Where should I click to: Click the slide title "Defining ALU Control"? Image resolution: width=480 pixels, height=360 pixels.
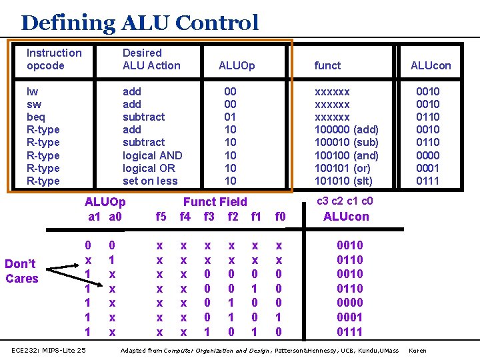click(139, 23)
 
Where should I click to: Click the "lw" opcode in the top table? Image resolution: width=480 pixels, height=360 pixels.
click(32, 91)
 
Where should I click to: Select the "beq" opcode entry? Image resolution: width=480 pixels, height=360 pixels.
click(36, 117)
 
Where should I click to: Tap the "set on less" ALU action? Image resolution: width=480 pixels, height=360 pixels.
click(150, 181)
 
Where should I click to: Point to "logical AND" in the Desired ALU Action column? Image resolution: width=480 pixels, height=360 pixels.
click(152, 155)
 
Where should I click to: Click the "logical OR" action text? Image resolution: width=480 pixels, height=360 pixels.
click(149, 168)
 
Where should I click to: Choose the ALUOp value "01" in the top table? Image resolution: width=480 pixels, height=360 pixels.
click(230, 117)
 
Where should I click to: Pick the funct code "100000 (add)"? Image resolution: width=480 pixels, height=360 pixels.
click(346, 129)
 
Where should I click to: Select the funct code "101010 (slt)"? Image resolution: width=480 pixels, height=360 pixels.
click(343, 181)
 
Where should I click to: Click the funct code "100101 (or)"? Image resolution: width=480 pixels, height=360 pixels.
click(343, 168)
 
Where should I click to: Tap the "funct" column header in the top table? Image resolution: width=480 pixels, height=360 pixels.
click(327, 65)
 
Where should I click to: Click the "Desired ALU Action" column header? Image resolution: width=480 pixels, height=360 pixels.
click(151, 59)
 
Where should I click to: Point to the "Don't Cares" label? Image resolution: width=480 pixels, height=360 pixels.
click(22, 271)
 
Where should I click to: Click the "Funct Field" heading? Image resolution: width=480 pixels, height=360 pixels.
click(215, 201)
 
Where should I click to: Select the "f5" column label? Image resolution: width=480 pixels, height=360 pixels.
click(161, 216)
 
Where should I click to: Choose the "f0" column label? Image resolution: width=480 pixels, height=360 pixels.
click(280, 216)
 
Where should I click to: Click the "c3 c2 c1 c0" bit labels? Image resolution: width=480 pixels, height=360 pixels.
click(344, 201)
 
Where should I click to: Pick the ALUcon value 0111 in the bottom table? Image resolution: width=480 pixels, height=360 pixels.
click(349, 331)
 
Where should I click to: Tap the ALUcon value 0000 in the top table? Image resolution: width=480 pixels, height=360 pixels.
click(427, 155)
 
